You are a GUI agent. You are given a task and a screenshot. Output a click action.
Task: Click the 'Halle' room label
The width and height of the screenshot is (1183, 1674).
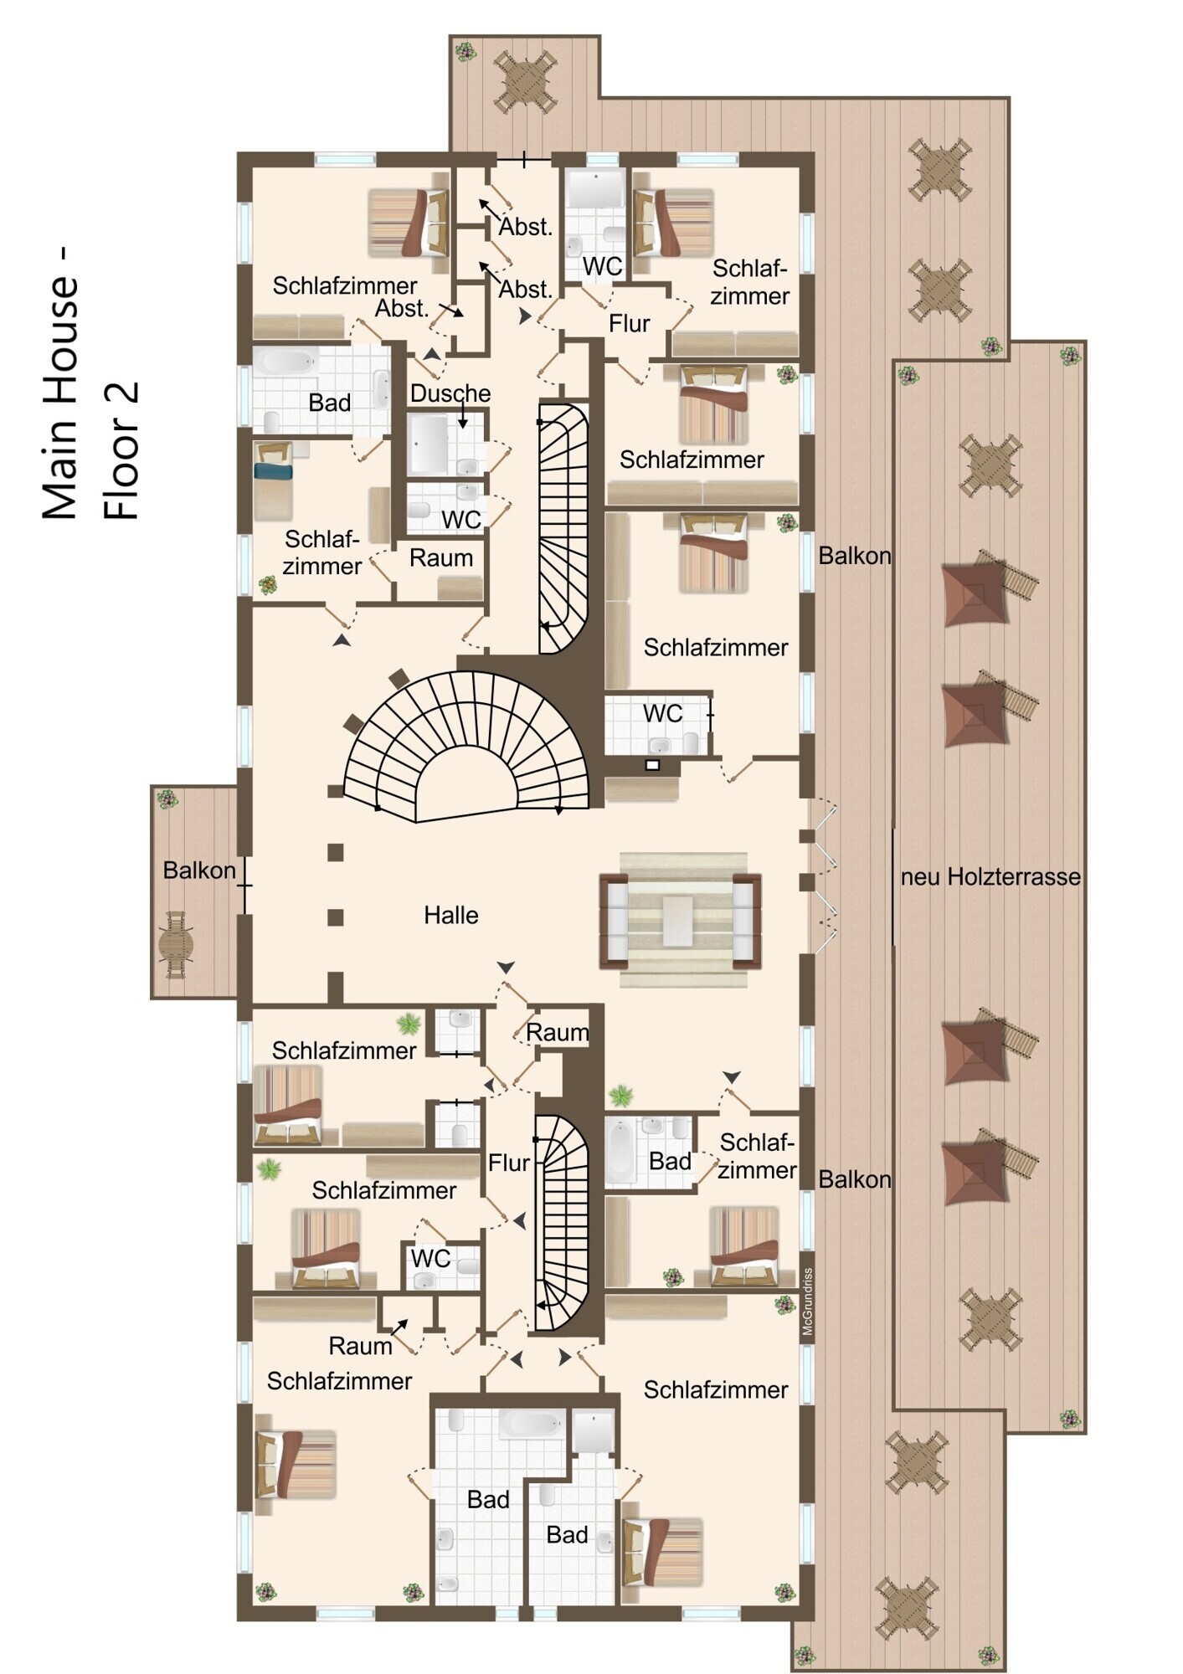(x=450, y=915)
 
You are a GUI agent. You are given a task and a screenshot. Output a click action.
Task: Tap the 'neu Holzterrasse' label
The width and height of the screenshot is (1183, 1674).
(x=990, y=877)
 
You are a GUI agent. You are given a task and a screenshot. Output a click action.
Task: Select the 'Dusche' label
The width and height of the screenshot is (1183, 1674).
(x=450, y=393)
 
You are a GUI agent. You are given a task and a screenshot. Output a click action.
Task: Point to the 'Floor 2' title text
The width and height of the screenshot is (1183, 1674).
(x=121, y=451)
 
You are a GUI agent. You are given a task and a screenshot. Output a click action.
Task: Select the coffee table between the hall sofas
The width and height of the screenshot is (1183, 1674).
(x=678, y=921)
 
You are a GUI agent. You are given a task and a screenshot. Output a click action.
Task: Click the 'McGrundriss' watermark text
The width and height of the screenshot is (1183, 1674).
(x=807, y=1302)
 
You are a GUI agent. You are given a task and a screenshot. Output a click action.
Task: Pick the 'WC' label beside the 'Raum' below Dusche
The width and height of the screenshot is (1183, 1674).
(x=460, y=520)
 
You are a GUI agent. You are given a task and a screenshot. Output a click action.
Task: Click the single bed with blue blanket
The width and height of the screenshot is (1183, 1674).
(x=273, y=481)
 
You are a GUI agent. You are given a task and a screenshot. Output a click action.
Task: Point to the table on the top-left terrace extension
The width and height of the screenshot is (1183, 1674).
(x=525, y=81)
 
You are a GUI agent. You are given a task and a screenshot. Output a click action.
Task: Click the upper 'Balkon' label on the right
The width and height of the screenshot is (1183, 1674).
(x=854, y=556)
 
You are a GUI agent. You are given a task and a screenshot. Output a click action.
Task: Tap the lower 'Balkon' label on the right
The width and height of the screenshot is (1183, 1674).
(x=854, y=1179)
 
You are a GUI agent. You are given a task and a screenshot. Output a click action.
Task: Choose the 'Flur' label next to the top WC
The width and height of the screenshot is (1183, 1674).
(x=629, y=323)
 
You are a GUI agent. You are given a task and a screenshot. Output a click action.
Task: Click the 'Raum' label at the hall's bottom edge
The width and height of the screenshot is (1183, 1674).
(x=557, y=1033)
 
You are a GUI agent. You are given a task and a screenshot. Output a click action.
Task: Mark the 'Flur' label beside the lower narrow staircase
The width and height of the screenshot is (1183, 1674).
(x=509, y=1163)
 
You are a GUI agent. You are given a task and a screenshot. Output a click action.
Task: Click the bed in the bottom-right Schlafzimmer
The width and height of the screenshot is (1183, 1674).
(x=661, y=1551)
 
